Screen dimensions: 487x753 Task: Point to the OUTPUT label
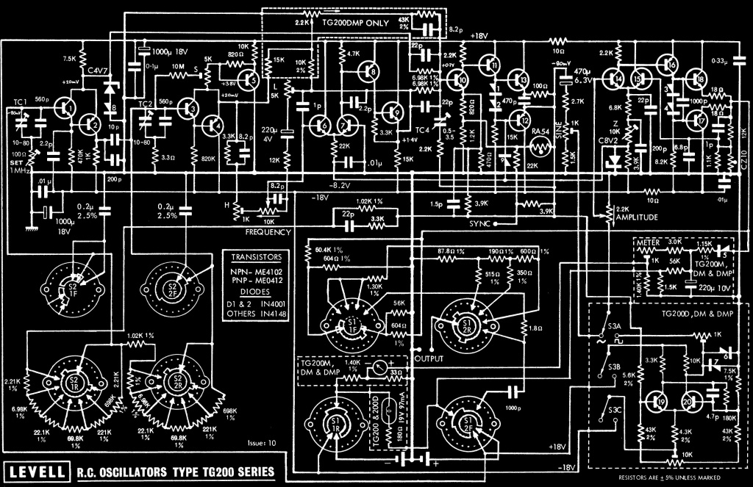click(x=429, y=359)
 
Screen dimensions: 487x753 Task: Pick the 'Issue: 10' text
click(x=263, y=443)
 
